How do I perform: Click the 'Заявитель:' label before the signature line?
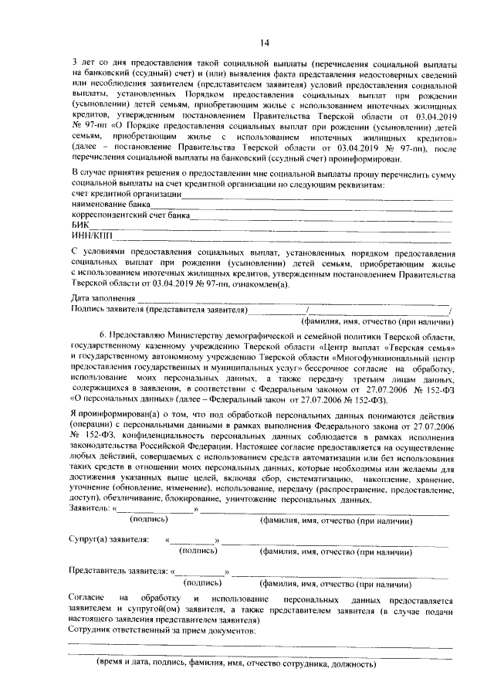click(x=90, y=510)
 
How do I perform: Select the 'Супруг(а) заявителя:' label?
click(x=109, y=539)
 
